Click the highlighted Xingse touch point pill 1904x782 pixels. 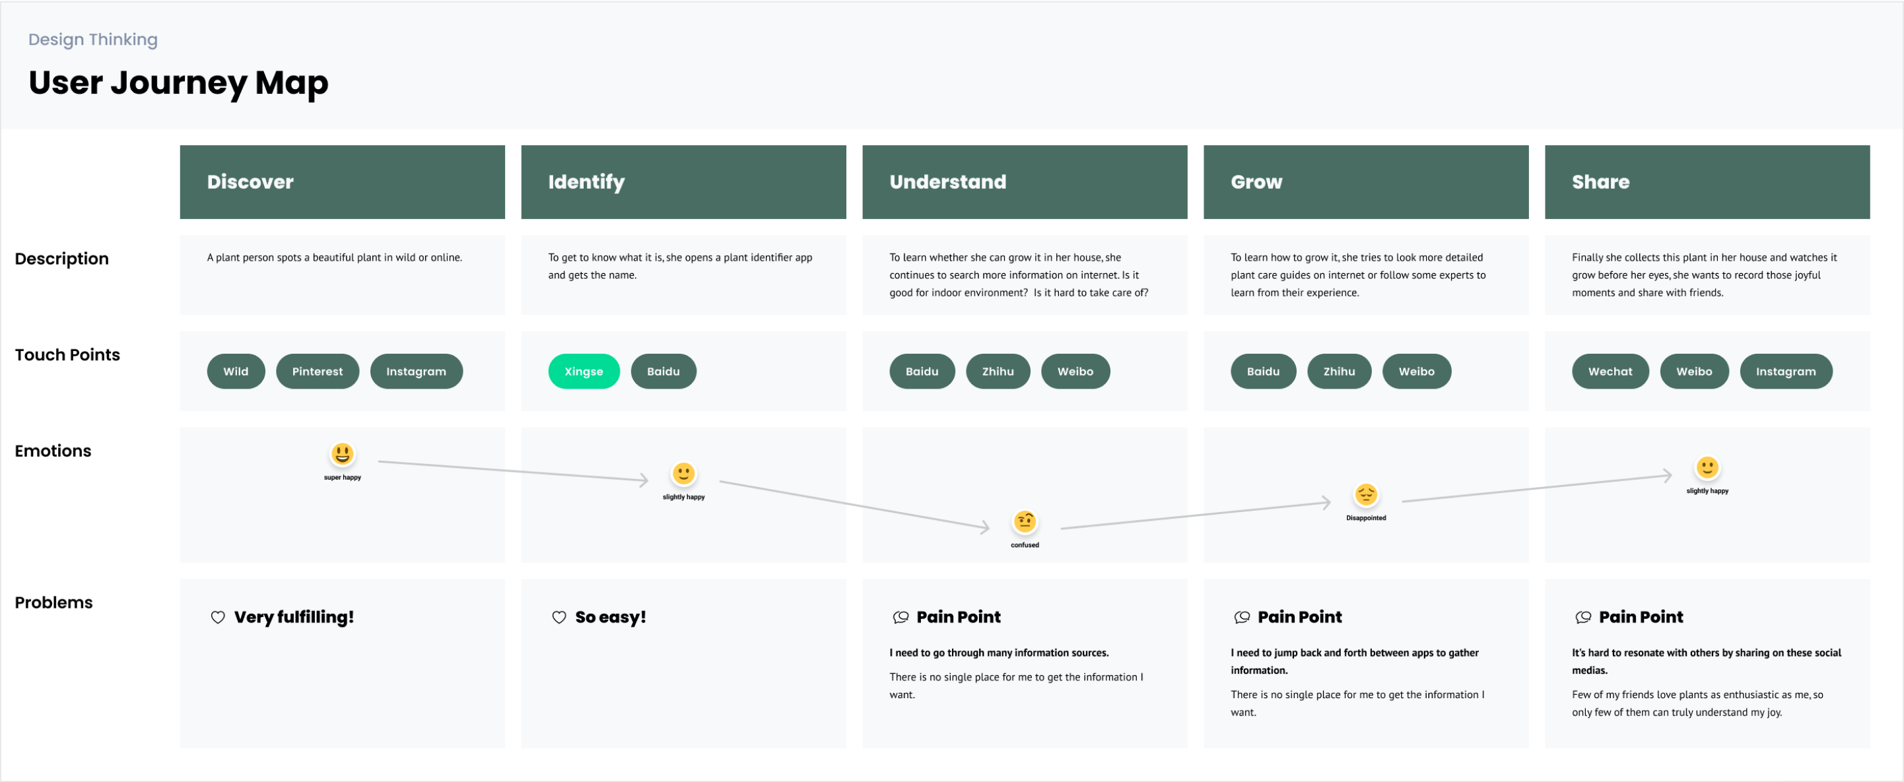point(583,371)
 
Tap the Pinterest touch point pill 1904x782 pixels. point(317,371)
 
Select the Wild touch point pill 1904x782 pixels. point(236,371)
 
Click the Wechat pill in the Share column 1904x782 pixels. point(1610,371)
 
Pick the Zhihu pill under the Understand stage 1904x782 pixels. point(997,371)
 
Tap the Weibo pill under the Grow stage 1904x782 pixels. point(1415,371)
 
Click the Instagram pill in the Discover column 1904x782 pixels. point(416,371)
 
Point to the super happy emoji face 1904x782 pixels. point(342,454)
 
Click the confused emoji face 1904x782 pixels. point(1025,522)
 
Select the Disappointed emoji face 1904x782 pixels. point(1365,494)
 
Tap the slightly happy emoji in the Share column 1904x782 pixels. point(1707,467)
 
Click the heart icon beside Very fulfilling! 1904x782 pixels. point(218,617)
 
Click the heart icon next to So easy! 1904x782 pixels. point(559,617)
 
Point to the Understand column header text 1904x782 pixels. point(947,182)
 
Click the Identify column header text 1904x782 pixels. point(586,182)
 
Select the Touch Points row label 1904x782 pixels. point(67,355)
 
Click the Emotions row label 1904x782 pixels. point(53,451)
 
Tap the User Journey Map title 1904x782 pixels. point(178,82)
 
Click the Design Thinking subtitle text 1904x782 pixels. point(93,39)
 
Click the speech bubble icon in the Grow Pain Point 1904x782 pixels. point(1242,617)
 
